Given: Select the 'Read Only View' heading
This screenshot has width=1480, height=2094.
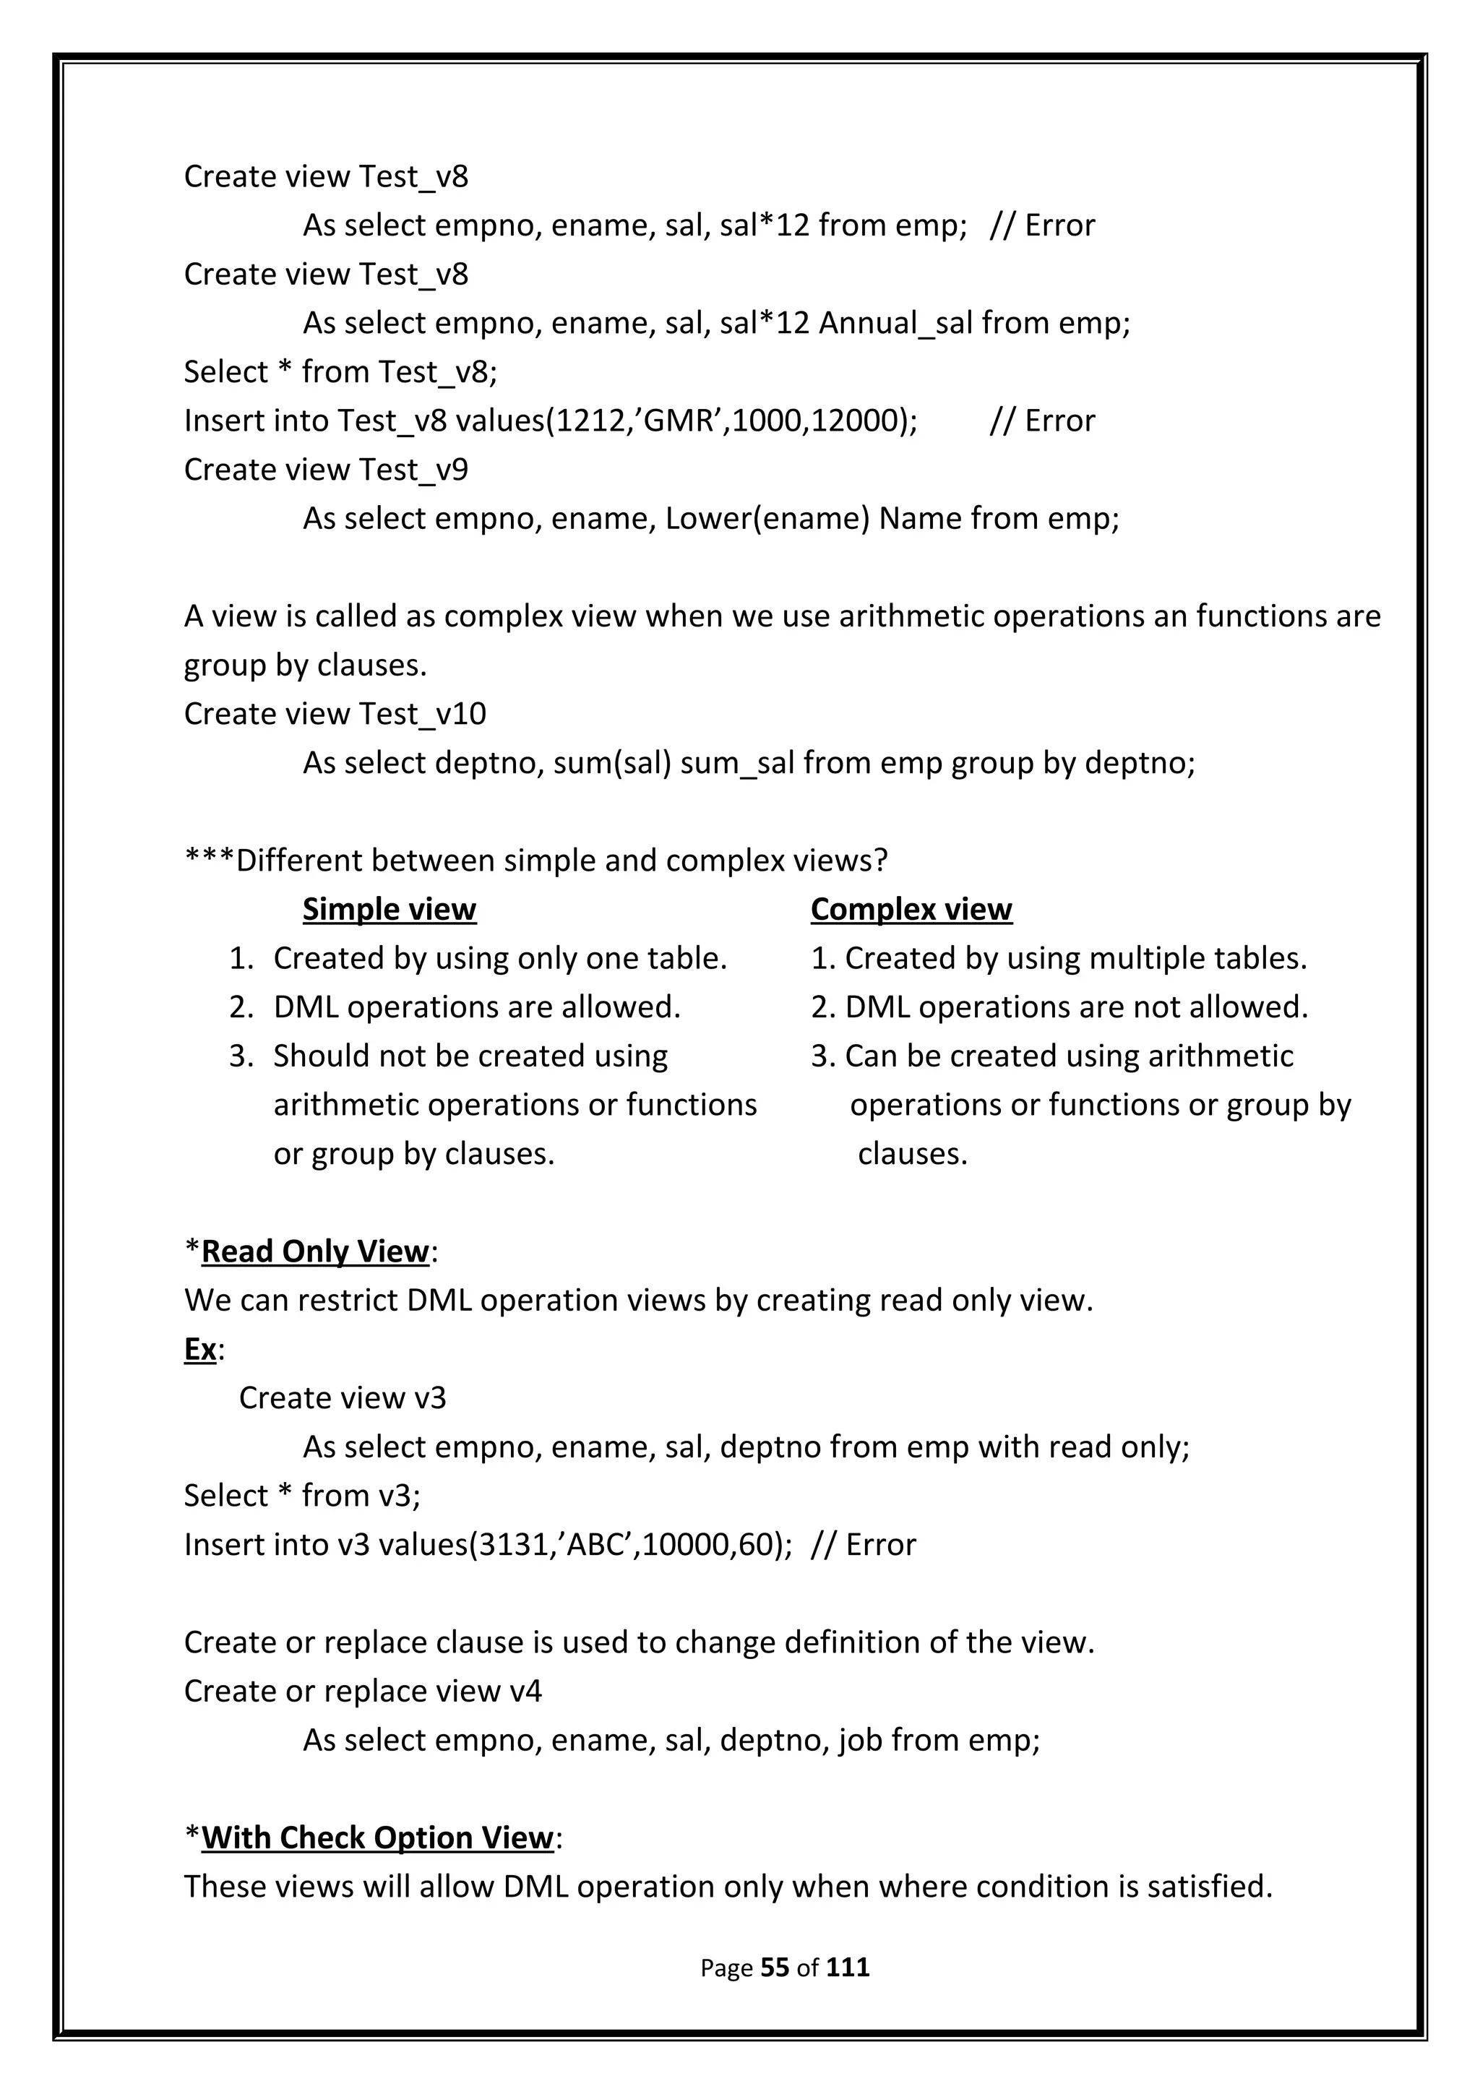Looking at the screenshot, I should point(314,1251).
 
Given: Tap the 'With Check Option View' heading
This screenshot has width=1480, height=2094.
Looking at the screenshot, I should point(377,1837).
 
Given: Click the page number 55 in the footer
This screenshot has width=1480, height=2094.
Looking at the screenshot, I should point(774,1968).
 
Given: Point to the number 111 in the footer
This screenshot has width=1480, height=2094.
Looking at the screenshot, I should point(847,1968).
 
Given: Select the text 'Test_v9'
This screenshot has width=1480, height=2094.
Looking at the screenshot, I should point(413,470).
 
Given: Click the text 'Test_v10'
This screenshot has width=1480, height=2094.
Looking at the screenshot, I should point(422,714).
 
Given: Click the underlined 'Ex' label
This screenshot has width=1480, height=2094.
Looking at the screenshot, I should point(199,1349).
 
